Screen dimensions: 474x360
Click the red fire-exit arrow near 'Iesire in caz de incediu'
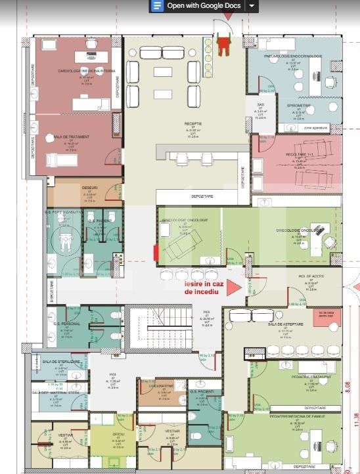click(231, 290)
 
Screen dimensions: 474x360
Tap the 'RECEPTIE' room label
click(193, 123)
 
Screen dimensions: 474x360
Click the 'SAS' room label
click(259, 104)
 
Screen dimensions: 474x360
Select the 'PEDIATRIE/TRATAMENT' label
click(309, 377)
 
